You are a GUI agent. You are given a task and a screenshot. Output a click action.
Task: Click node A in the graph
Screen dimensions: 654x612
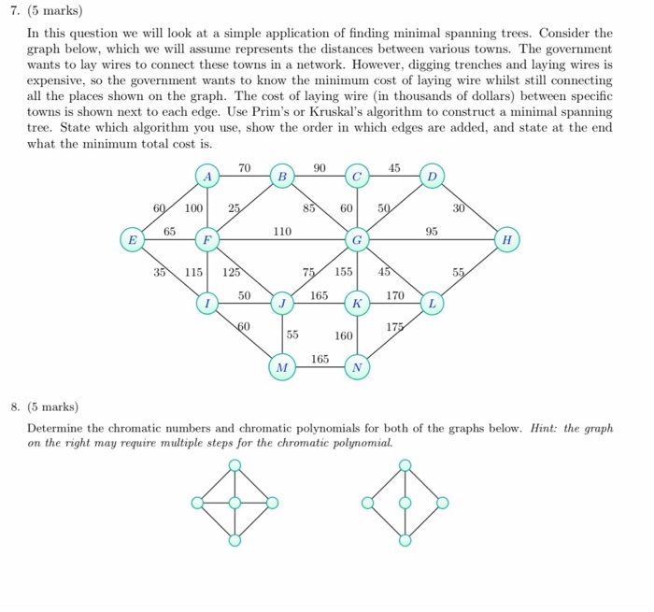point(208,176)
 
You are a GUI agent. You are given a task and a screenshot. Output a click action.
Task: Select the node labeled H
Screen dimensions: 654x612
point(506,240)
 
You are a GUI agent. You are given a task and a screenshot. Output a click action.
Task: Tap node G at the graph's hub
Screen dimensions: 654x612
point(356,240)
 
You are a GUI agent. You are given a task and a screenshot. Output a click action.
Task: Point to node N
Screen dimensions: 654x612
point(356,367)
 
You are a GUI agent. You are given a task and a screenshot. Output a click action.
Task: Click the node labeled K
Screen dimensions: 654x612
point(356,304)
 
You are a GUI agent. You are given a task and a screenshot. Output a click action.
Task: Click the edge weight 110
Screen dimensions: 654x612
point(281,231)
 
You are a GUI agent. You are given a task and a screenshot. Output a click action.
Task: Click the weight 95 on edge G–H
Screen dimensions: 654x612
point(432,231)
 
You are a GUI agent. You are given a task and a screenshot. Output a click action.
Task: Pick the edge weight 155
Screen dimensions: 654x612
point(343,273)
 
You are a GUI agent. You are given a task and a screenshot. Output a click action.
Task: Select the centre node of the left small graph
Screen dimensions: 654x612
point(235,503)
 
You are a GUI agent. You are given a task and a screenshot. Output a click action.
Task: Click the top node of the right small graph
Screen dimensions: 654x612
point(405,464)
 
